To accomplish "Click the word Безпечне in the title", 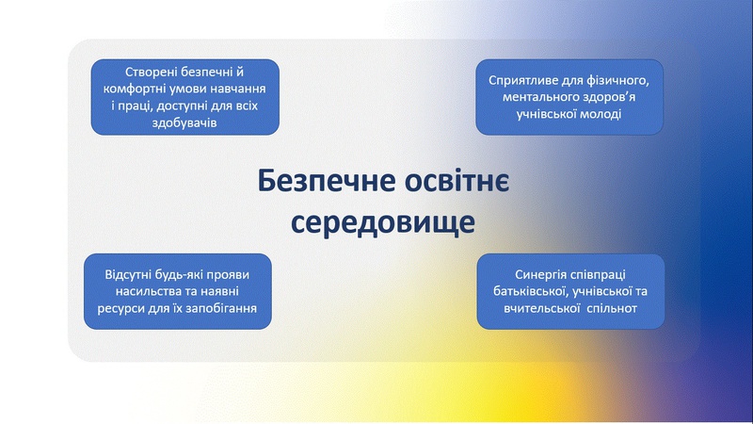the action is pyautogui.click(x=327, y=181).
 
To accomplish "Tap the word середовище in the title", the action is pyautogui.click(x=383, y=222).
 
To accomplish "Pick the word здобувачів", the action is pyautogui.click(x=184, y=123).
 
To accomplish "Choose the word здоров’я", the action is pyautogui.click(x=606, y=98).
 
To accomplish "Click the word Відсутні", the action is pyautogui.click(x=127, y=275).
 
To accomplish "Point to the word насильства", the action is pyautogui.click(x=145, y=292).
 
